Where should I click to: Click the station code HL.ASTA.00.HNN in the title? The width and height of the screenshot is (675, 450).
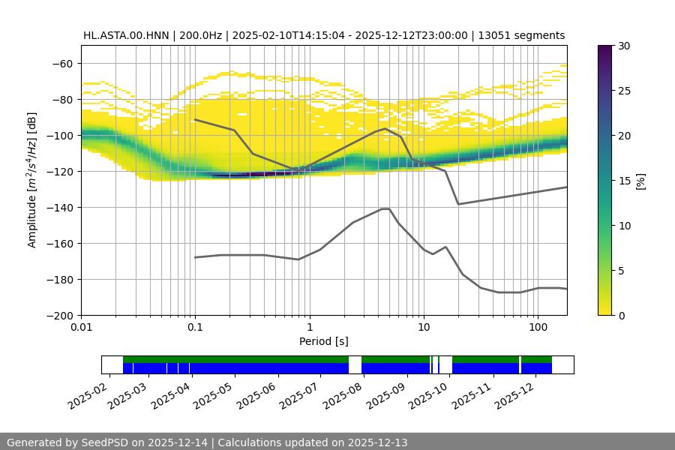point(128,35)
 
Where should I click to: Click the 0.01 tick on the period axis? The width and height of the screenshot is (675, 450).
point(81,328)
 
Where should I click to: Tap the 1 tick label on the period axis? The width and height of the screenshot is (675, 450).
point(309,328)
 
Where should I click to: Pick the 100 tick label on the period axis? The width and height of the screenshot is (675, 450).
point(537,328)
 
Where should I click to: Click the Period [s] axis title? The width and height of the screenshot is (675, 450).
point(324,341)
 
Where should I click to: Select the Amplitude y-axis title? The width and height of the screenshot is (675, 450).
point(32,180)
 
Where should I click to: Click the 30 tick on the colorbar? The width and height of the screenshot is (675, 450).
point(624,46)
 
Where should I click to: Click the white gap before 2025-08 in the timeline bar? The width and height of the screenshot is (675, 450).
point(355,364)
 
